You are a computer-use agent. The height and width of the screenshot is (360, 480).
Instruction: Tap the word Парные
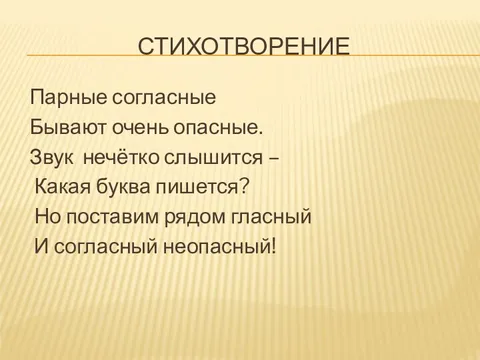pyautogui.click(x=62, y=100)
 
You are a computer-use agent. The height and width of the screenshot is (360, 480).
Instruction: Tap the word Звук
pyautogui.click(x=52, y=157)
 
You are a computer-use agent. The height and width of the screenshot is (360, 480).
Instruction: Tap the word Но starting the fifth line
pyautogui.click(x=47, y=215)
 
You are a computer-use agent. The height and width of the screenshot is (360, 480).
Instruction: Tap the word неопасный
pyautogui.click(x=214, y=244)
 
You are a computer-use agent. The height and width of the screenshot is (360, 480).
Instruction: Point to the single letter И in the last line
pyautogui.click(x=40, y=244)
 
